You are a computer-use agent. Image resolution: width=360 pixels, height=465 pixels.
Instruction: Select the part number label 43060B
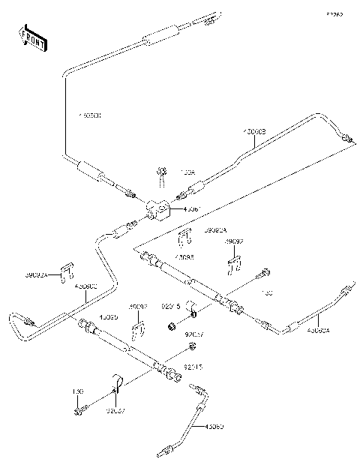253,131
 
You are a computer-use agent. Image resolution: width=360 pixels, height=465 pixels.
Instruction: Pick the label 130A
188,172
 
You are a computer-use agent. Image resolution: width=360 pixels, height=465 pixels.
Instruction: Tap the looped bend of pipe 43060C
16,328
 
